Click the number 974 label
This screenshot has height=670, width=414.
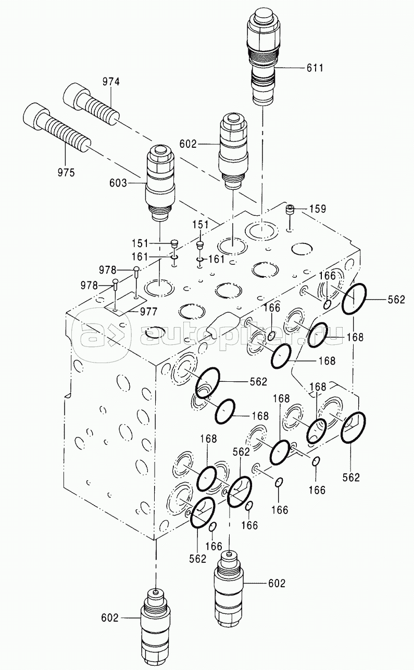click(111, 82)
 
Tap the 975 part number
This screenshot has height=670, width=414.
click(66, 173)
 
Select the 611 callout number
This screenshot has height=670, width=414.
click(315, 68)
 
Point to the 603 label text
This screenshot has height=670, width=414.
click(118, 183)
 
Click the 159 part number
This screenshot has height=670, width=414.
click(318, 209)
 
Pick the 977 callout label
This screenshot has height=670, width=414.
click(149, 312)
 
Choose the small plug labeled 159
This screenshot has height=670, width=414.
click(290, 209)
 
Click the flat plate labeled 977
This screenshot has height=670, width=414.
click(125, 304)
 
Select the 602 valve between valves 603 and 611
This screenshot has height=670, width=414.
click(234, 151)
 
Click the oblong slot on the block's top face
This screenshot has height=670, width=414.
click(223, 326)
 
